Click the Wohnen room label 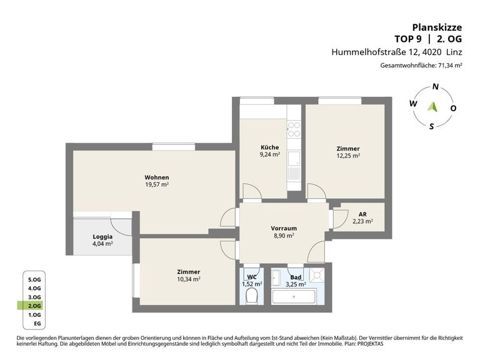pos(157,177)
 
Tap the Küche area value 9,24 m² pos(270,154)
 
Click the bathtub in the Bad pos(294,296)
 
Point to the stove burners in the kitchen pos(294,129)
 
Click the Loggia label pos(102,237)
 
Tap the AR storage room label pos(362,214)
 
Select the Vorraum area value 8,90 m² pos(284,236)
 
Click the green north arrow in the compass pos(432,107)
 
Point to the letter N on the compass pos(435,87)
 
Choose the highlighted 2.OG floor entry pos(34,306)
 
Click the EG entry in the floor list pos(37,324)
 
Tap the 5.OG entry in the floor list pos(34,280)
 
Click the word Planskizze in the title pos(437,27)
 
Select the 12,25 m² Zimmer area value pos(348,156)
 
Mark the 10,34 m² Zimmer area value pos(189,279)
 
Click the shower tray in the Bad pos(316,275)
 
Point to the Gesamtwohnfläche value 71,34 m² pos(450,65)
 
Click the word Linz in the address pos(454,52)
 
